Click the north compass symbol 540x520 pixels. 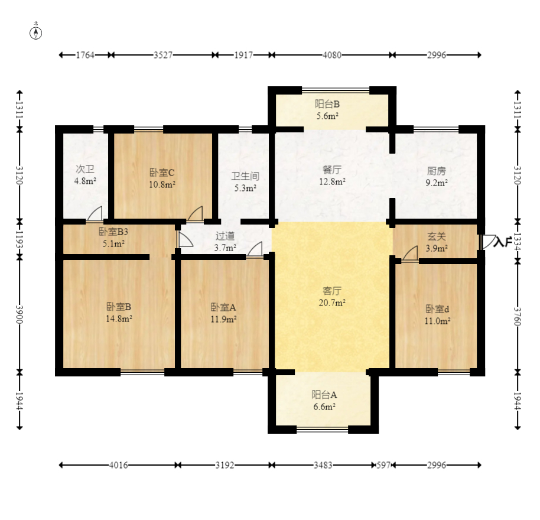[x=36, y=33]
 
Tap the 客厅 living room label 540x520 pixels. [x=332, y=291]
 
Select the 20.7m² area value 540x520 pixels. [x=332, y=303]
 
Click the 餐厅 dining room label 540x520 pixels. [x=332, y=170]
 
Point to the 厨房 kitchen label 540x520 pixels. [x=437, y=171]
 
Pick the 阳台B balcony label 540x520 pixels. [x=327, y=104]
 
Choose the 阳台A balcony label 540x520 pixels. [x=324, y=395]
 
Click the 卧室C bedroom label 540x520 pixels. [x=162, y=173]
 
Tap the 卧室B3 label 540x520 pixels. [x=113, y=232]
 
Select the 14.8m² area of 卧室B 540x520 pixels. [x=119, y=319]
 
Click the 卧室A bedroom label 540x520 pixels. [x=223, y=307]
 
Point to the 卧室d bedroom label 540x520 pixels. [x=437, y=309]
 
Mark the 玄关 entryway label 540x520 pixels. [x=437, y=236]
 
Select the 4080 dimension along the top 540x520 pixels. [x=332, y=55]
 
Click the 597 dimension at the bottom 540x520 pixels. [x=383, y=465]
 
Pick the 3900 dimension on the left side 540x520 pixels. [x=19, y=314]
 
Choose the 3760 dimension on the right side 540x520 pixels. [x=518, y=317]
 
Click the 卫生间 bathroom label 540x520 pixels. [x=245, y=176]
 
